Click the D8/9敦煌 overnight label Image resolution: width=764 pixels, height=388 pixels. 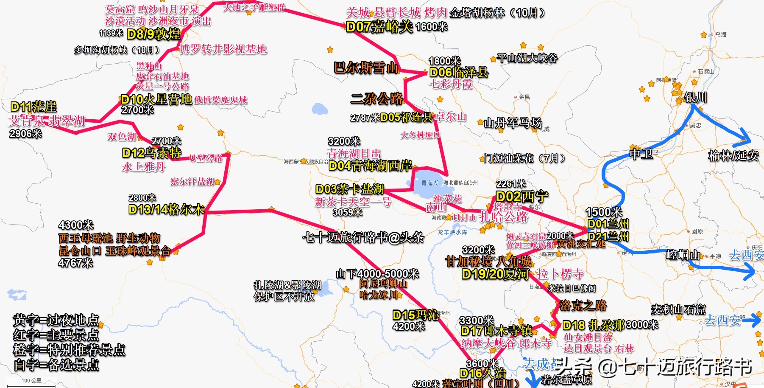pos(153,34)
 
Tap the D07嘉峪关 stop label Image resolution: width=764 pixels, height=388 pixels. pos(379,27)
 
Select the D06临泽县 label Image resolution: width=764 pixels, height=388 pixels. pos(459,72)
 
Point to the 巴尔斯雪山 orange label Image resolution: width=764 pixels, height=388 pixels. pos(366,67)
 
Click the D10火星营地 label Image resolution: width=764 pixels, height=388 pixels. pos(156,100)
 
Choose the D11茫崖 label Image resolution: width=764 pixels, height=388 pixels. pos(33,107)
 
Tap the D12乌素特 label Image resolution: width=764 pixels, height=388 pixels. pos(151,153)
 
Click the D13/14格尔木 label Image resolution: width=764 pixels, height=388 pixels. pos(166,209)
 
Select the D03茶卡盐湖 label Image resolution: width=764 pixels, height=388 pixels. pos(350,189)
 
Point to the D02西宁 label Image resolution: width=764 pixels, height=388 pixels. pos(521,197)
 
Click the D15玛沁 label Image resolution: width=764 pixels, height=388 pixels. pos(415,315)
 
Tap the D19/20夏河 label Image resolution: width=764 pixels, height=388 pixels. pos(495,274)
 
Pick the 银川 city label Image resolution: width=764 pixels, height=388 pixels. pos(696,98)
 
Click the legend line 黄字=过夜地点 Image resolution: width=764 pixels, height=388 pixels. pos(56,320)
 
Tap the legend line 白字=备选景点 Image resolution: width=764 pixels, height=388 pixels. pos(56,365)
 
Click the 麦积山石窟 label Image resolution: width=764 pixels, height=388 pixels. pos(678,310)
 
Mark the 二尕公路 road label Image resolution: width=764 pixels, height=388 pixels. pos(377,99)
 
